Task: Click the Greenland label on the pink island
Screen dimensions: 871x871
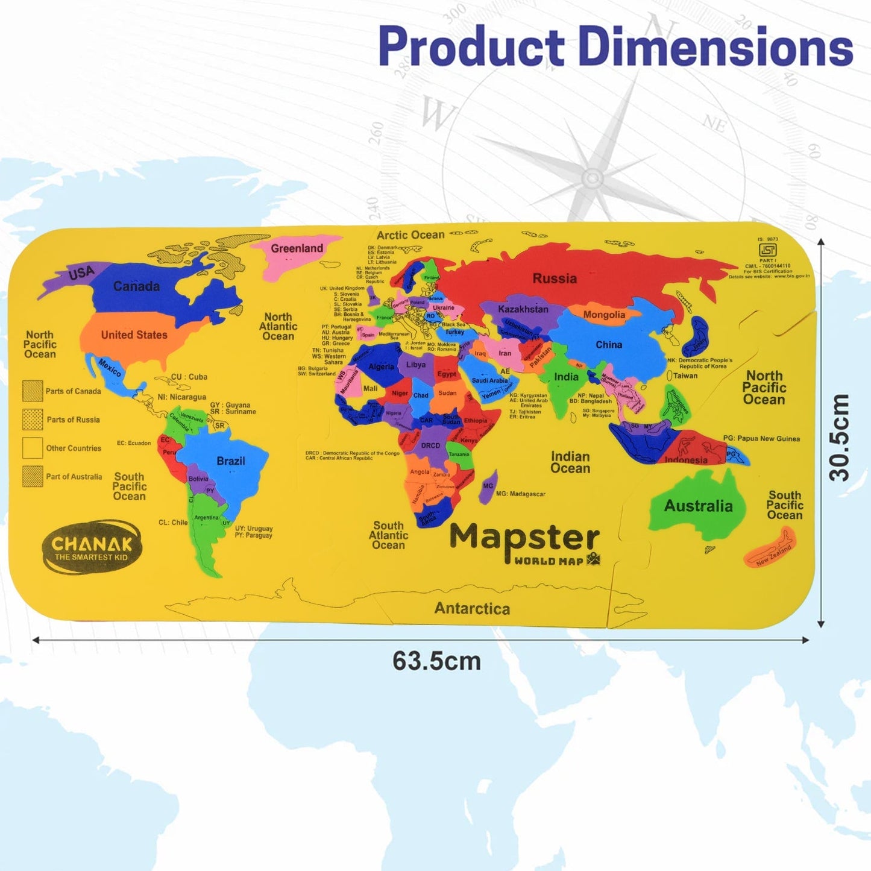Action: click(x=297, y=248)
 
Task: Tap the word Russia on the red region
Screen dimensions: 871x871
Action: click(x=555, y=278)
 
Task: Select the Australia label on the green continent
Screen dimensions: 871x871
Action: click(x=698, y=506)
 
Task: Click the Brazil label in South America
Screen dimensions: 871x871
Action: click(x=230, y=461)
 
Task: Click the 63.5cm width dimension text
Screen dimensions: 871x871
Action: click(x=436, y=661)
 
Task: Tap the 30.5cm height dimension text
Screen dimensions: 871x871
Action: click(x=839, y=437)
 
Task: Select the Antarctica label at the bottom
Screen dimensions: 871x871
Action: click(x=472, y=609)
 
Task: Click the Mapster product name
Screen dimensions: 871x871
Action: click(x=524, y=538)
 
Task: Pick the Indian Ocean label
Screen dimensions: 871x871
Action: click(x=570, y=462)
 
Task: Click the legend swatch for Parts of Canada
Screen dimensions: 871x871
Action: click(x=33, y=391)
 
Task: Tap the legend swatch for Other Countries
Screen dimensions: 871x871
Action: click(x=33, y=448)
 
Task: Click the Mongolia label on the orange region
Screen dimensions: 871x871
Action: click(x=604, y=315)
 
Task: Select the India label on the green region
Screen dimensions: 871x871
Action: click(x=566, y=377)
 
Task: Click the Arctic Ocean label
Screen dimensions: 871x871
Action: click(x=410, y=235)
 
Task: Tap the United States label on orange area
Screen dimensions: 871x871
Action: click(x=134, y=335)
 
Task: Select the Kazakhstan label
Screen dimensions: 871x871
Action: click(x=523, y=309)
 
